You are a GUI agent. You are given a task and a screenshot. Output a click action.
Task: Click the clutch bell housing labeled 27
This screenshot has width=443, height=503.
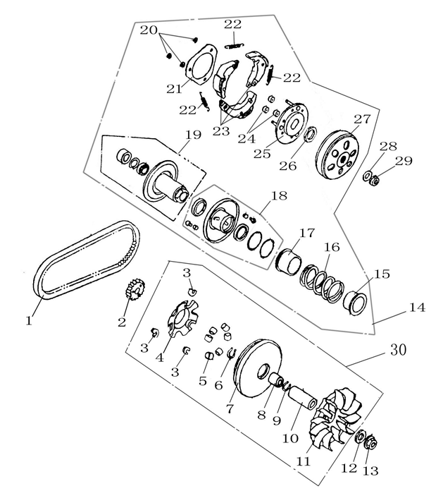pyautogui.click(x=339, y=152)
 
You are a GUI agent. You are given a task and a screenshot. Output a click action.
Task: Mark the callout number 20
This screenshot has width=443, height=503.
pyautogui.click(x=149, y=31)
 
